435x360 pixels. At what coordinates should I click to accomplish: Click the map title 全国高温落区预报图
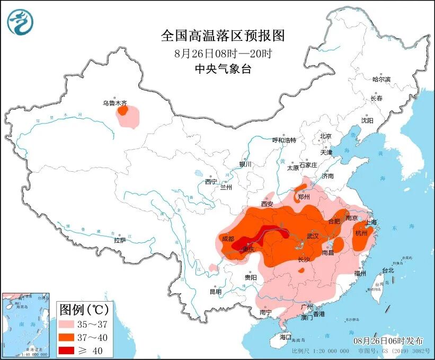point(223,36)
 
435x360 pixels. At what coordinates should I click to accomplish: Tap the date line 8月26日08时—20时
point(223,54)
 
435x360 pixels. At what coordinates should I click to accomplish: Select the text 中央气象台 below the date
point(223,69)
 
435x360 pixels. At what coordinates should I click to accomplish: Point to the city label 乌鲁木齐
point(114,104)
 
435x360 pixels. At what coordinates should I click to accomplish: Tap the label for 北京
point(325,136)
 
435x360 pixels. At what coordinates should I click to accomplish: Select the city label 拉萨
point(120,240)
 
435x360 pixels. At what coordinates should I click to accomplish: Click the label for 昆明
point(216,292)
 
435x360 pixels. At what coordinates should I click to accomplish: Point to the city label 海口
point(286,337)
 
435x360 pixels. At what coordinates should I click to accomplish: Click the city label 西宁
point(211,182)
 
